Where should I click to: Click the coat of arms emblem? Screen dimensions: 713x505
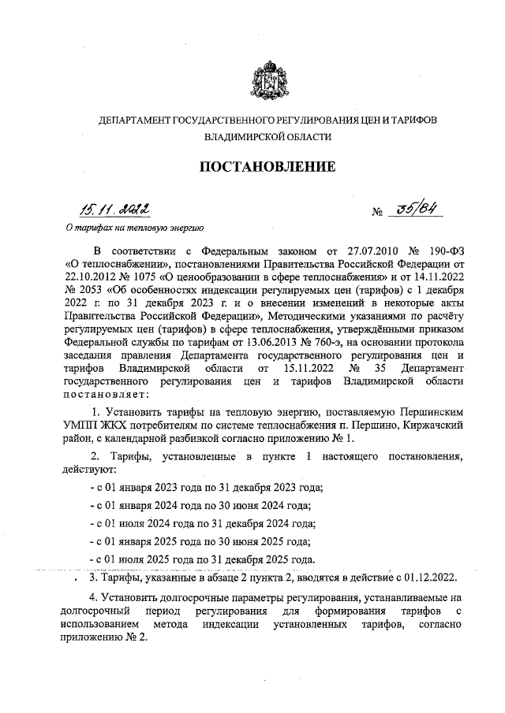[266, 78]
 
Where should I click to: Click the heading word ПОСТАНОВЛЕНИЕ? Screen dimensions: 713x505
[266, 166]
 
